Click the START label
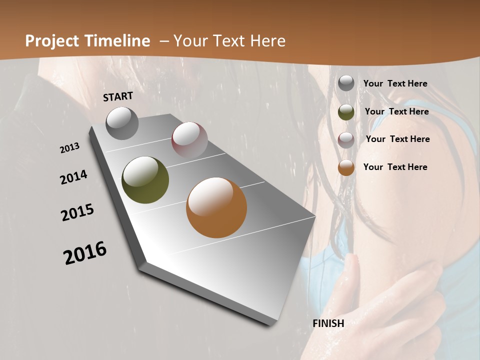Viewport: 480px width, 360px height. click(118, 96)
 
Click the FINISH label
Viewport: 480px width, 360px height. click(328, 323)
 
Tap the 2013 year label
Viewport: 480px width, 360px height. click(70, 148)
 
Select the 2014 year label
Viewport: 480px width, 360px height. click(73, 177)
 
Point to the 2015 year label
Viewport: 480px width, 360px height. click(77, 212)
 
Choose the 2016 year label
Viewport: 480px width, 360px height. click(85, 252)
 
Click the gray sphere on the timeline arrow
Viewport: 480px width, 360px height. click(122, 123)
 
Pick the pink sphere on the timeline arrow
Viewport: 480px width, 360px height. click(189, 140)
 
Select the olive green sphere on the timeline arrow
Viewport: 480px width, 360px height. click(145, 180)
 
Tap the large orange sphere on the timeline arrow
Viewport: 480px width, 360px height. click(216, 207)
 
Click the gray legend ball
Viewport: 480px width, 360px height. click(346, 83)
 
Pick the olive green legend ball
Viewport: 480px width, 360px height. click(346, 112)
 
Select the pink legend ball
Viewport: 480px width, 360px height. click(346, 140)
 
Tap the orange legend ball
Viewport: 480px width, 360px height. click(346, 167)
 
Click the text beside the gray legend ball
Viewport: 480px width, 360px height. click(395, 83)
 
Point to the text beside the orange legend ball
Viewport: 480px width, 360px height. click(395, 167)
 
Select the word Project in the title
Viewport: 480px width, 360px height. click(49, 41)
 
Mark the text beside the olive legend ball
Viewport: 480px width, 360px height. click(396, 111)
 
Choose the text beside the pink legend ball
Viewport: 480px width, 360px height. click(397, 139)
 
